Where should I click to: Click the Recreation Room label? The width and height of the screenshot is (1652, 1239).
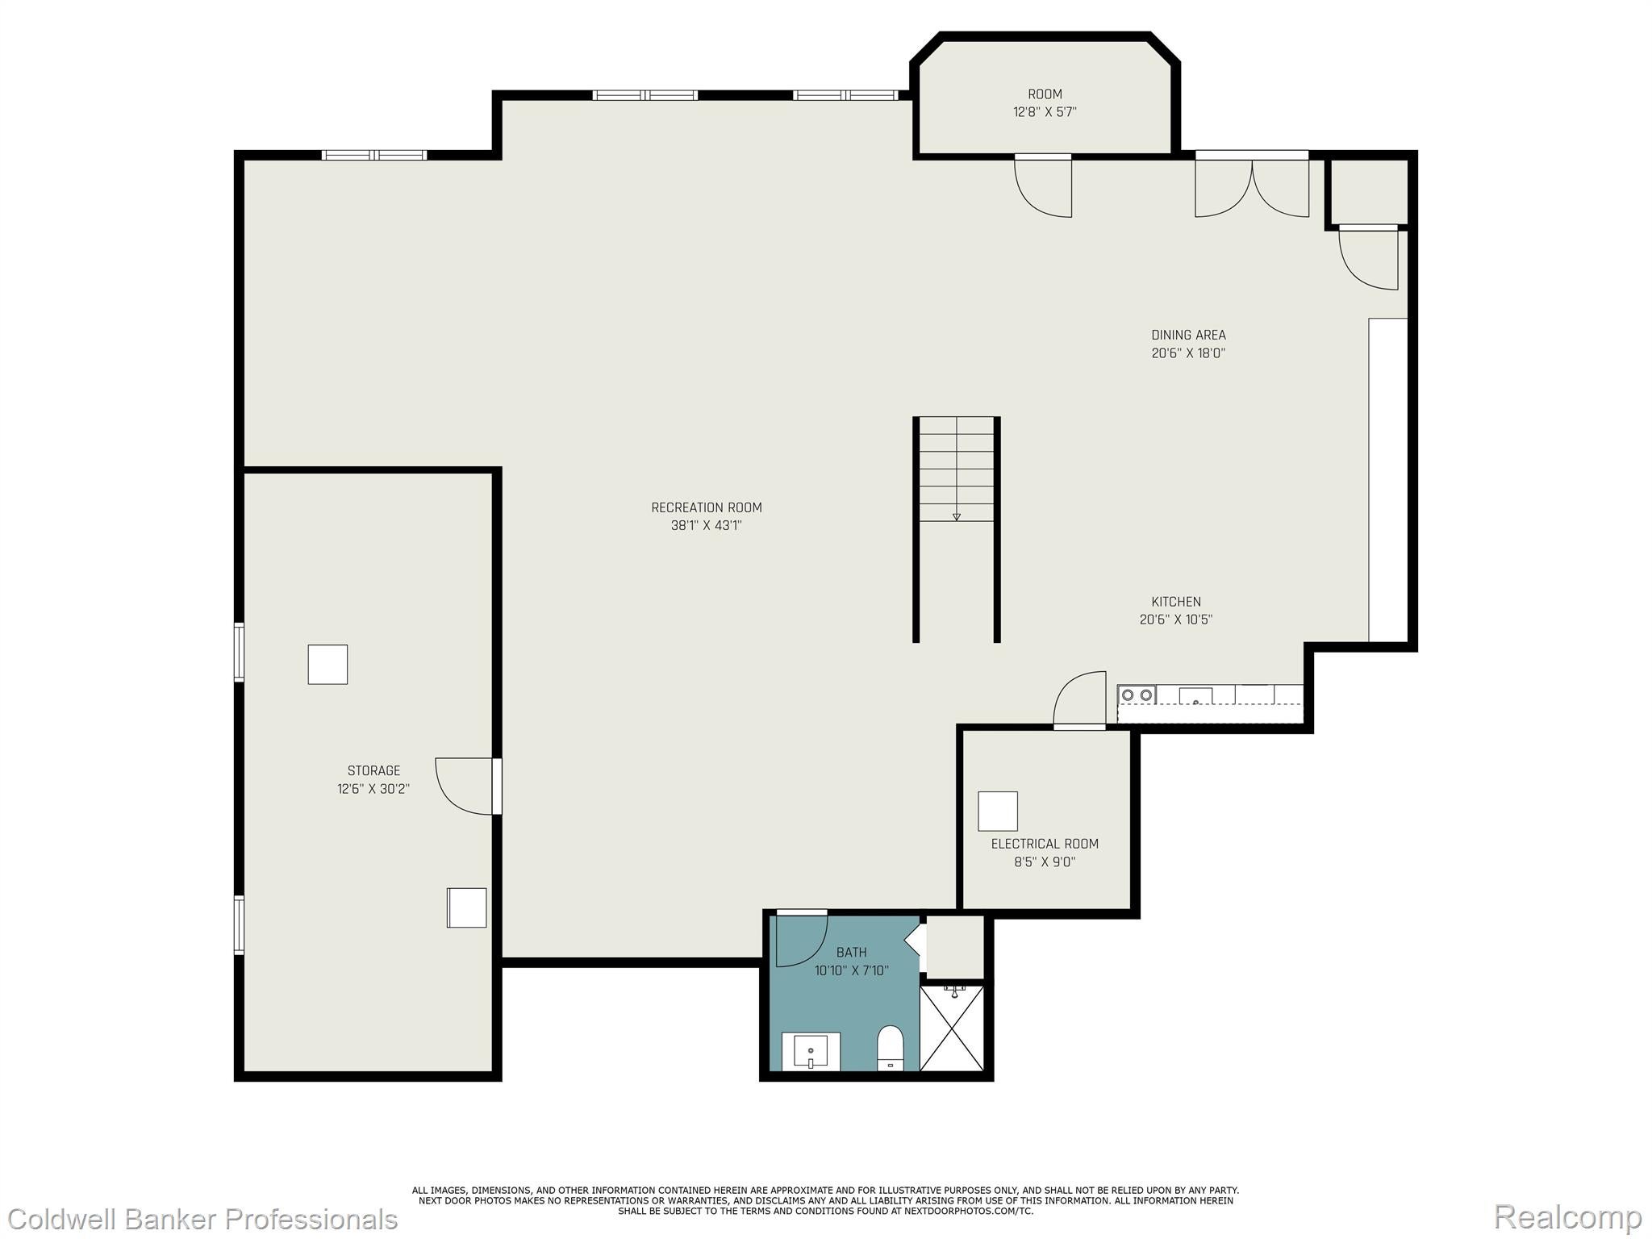706,507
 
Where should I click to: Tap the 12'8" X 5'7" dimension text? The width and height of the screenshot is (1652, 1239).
1045,112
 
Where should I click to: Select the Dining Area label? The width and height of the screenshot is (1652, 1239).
1187,335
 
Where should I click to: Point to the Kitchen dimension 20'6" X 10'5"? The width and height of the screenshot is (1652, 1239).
1175,619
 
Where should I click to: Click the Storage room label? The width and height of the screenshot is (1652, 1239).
373,770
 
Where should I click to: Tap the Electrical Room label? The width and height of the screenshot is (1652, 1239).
1045,844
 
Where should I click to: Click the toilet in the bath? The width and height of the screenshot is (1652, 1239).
891,1048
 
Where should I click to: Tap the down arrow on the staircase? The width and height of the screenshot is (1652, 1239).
957,516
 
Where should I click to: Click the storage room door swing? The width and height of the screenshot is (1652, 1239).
464,786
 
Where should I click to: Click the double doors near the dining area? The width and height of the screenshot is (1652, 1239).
1251,186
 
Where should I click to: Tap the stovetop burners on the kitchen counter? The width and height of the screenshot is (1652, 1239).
1137,695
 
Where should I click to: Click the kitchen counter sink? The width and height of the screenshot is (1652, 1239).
1195,696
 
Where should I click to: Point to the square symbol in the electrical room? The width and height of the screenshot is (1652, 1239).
998,811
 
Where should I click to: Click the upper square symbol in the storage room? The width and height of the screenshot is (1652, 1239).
327,665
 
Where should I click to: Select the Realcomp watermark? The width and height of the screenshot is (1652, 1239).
1567,1217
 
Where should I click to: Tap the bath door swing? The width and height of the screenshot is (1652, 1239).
799,941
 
